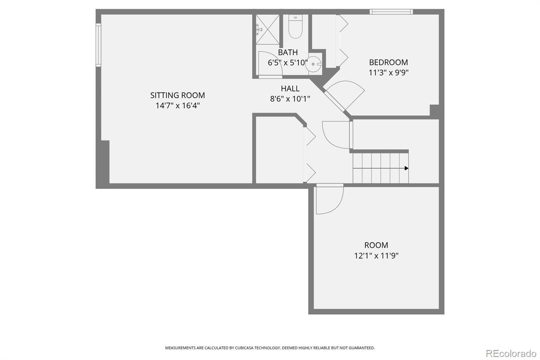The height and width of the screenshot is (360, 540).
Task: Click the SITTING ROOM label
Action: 177,95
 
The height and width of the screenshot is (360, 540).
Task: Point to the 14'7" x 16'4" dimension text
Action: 177,106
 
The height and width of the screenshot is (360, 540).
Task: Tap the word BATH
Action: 288,52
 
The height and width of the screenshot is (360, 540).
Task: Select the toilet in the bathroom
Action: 295,27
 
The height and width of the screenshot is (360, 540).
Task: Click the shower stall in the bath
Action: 267,29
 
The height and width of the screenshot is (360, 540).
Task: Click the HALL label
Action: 290,89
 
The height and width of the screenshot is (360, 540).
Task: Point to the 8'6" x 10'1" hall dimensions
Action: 290,99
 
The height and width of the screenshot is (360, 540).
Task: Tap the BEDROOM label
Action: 388,62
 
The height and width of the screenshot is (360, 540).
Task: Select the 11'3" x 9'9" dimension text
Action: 388,73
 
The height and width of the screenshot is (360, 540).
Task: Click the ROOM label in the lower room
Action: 376,245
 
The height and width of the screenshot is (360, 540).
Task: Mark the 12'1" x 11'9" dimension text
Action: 376,256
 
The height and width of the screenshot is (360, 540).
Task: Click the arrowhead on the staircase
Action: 406,168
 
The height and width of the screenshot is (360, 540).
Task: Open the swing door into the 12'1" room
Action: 329,199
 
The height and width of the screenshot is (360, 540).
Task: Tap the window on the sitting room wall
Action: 98,45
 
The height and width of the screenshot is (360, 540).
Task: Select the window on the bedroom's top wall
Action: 391,12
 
